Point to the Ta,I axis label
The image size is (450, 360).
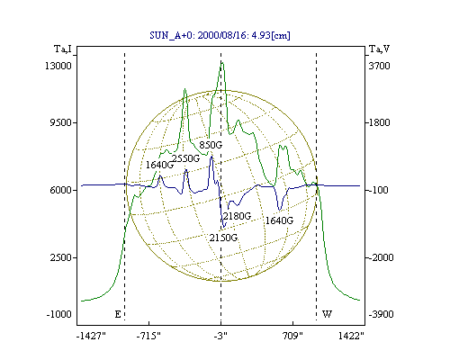[x=63, y=49]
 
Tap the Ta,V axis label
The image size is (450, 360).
[x=379, y=49]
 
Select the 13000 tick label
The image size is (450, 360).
[x=58, y=66]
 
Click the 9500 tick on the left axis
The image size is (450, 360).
[x=60, y=122]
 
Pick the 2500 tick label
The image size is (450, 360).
[x=60, y=257]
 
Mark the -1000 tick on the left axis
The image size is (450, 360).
[x=58, y=314]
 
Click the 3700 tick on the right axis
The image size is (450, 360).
[x=379, y=66]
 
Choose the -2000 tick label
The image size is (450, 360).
[x=381, y=257]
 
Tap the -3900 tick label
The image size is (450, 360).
[x=381, y=314]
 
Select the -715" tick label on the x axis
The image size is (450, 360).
[x=148, y=336]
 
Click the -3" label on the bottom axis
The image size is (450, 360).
[x=220, y=336]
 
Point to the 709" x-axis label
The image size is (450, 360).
[x=292, y=336]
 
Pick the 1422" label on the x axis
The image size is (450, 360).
[x=351, y=336]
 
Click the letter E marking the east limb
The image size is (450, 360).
[x=118, y=314]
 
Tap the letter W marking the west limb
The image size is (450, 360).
[x=327, y=314]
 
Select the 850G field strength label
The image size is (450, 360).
[x=211, y=145]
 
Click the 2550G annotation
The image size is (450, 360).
[x=185, y=158]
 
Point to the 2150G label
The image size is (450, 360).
[x=223, y=238]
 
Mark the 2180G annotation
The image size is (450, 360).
[x=237, y=216]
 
